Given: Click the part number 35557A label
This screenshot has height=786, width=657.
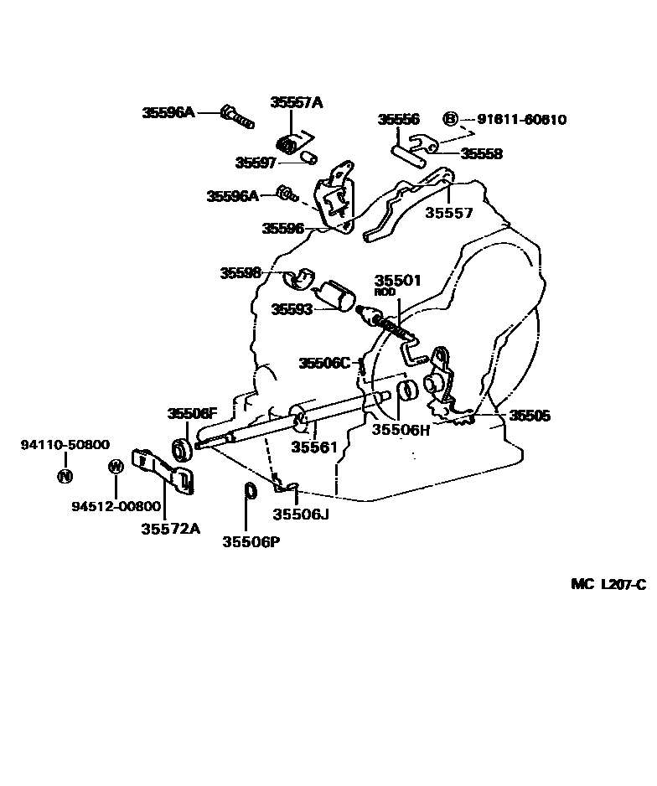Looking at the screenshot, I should pos(296,102).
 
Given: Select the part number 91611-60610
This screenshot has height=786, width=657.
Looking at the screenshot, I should pos(521,120).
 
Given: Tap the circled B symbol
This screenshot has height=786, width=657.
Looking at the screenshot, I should pos(450,119).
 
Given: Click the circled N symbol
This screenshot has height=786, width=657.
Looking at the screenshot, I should pos(65,476).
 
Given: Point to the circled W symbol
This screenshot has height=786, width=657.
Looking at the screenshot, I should pos(116,467).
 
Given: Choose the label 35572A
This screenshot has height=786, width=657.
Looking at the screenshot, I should pos(170,528).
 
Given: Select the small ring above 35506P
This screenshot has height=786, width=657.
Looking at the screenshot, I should pos(250,490).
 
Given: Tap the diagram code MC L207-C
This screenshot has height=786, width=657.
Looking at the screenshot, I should pos(608,584).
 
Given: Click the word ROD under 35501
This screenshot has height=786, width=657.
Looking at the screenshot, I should pos(385,292).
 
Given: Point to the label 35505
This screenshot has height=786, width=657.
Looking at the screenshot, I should pos(530,416).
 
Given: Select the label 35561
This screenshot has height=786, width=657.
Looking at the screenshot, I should pos(314,447).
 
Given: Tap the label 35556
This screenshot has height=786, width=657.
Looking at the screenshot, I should pos(398,120).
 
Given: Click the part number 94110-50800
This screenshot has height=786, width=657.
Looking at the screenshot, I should pos(65,445).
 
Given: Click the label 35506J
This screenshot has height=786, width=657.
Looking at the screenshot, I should pos(301,514).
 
